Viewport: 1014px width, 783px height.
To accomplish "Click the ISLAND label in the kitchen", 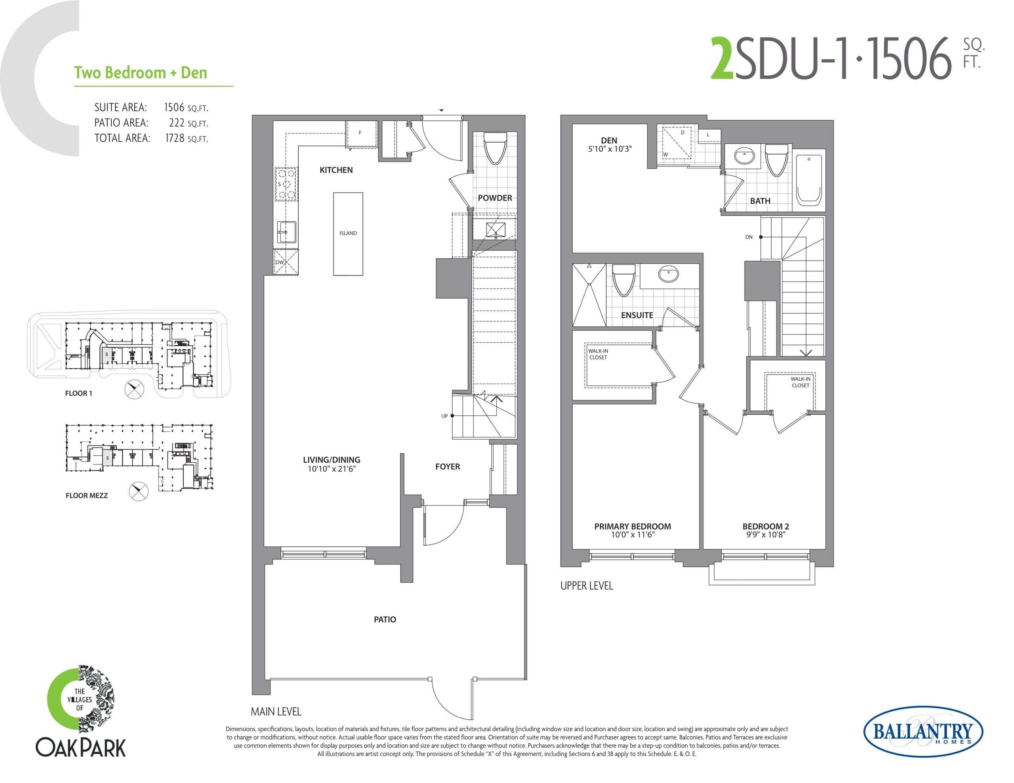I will click(348, 233).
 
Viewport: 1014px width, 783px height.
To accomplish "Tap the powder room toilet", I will click(495, 148).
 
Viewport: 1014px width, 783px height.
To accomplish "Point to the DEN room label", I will click(609, 140).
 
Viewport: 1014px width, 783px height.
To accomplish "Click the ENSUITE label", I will click(637, 315).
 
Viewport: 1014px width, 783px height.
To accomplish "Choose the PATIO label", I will click(385, 620).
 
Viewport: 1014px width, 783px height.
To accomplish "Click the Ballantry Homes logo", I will click(923, 732).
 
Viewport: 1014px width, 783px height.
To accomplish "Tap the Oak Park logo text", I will click(81, 748).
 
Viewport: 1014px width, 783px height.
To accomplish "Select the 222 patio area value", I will click(177, 123).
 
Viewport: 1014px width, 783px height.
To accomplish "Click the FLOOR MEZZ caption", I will click(86, 496).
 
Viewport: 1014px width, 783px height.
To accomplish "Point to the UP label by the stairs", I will click(444, 416).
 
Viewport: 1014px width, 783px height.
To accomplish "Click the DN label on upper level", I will click(749, 237).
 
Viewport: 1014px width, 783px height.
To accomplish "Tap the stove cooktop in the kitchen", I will click(286, 184).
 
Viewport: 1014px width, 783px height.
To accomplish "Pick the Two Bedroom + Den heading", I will click(140, 73).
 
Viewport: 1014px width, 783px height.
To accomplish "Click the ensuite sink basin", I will click(668, 274).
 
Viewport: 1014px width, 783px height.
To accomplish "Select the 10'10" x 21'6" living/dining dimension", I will click(331, 469).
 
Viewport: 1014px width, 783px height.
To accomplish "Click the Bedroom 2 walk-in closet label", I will click(800, 382).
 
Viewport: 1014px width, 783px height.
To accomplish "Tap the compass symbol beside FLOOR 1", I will click(134, 389).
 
